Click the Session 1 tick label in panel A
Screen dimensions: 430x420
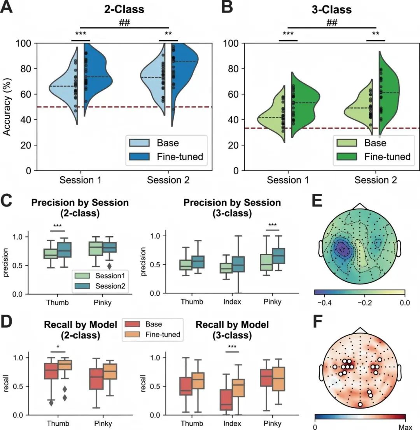[80, 180]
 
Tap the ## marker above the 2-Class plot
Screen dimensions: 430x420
[124, 23]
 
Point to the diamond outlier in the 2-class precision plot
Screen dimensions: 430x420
[109, 266]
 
